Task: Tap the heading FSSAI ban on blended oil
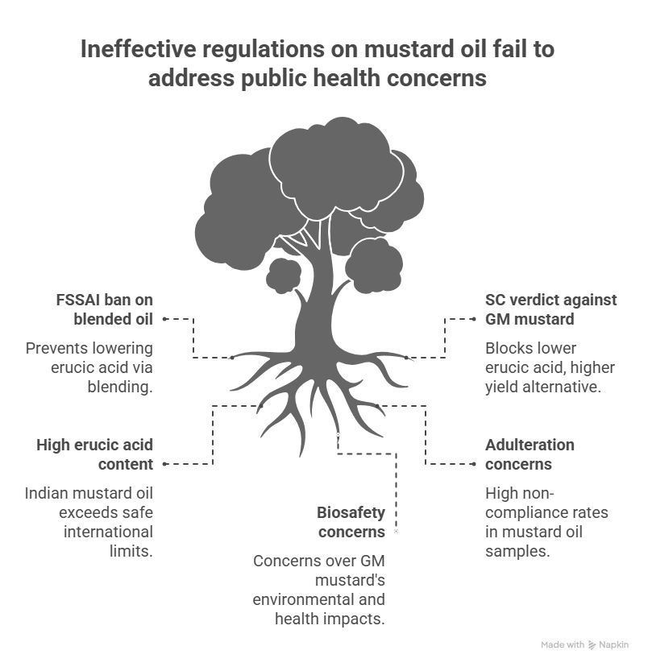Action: (99, 309)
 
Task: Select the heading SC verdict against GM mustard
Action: (550, 309)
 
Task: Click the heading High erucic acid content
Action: (94, 454)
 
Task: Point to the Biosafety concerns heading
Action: (351, 522)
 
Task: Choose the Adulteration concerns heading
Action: (530, 454)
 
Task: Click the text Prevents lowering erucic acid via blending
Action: (89, 367)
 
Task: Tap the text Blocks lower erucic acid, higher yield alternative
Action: (550, 367)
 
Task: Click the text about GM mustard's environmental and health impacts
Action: (318, 590)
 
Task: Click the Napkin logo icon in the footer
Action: (592, 644)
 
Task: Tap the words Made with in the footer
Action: (563, 644)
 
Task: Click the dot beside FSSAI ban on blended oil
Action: (164, 319)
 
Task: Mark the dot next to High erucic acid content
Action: (164, 464)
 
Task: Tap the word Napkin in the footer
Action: (614, 644)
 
